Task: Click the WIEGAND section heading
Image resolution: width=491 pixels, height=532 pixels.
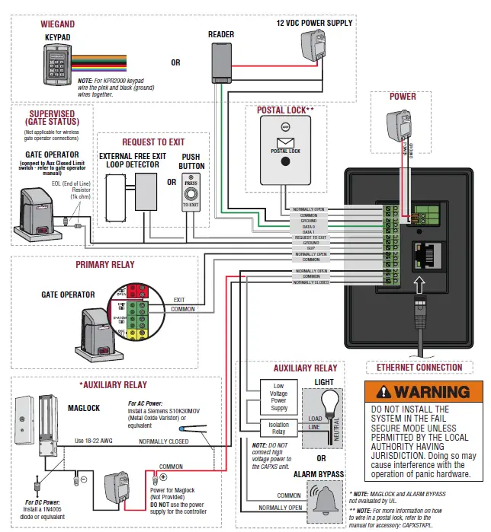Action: point(57,24)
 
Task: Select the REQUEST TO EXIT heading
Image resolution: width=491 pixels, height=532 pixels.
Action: point(153,142)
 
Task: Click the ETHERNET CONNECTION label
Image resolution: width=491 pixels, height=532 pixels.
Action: point(419,368)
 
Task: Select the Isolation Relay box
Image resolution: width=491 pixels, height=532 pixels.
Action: point(278,428)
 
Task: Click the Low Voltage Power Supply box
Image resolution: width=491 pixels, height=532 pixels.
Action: point(278,396)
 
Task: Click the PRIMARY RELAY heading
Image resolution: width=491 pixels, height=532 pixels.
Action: point(105,265)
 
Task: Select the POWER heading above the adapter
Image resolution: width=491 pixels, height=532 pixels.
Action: point(403,97)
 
